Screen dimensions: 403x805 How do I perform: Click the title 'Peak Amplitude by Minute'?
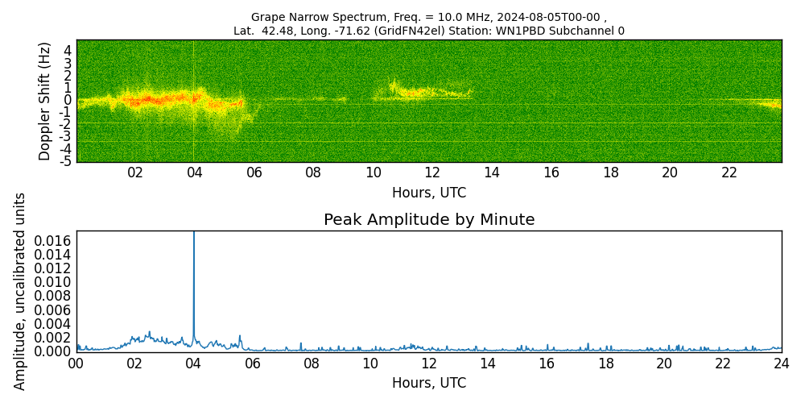click(x=429, y=220)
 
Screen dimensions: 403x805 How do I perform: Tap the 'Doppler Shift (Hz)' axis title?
click(x=45, y=101)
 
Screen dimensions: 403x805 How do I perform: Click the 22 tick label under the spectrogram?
click(x=729, y=172)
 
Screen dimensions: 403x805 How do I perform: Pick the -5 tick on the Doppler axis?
click(x=66, y=161)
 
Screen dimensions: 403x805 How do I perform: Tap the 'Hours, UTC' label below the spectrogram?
click(x=429, y=193)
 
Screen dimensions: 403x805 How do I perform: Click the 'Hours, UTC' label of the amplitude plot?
click(x=429, y=384)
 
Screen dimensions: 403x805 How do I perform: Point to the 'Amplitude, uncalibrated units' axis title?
click(x=20, y=291)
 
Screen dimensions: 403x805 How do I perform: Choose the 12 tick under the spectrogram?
click(x=432, y=172)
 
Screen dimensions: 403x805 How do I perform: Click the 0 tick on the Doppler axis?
click(x=68, y=100)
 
